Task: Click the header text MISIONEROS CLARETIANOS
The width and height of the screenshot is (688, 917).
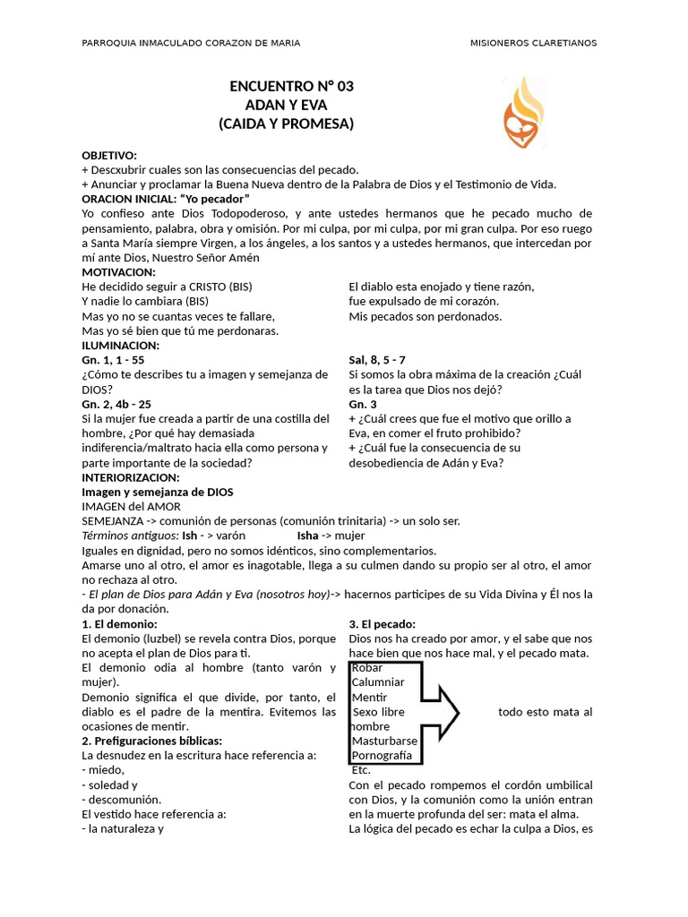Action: [533, 43]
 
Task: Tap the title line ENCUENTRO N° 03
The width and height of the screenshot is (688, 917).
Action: [292, 87]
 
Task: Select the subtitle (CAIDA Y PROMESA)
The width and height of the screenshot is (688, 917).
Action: [287, 124]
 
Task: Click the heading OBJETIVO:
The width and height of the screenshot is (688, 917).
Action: [109, 155]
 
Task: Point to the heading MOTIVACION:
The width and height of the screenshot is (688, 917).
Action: [119, 271]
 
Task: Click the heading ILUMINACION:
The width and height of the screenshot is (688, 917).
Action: [121, 345]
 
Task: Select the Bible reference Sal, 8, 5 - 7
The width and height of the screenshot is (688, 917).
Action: [381, 360]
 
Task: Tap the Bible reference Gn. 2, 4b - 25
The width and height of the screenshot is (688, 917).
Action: [116, 404]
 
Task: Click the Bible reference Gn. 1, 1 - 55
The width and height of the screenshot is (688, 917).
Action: [113, 360]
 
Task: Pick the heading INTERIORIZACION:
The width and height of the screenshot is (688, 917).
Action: [131, 477]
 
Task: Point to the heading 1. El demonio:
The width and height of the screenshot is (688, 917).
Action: [119, 623]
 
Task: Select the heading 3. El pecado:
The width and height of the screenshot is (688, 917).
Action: [382, 623]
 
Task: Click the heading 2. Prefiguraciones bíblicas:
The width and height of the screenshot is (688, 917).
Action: [151, 741]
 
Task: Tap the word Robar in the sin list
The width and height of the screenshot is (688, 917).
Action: [367, 667]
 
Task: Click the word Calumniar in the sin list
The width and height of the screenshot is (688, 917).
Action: [378, 682]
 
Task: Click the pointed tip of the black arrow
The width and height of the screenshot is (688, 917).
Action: [458, 713]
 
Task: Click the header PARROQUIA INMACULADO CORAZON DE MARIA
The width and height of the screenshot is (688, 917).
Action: [191, 43]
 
